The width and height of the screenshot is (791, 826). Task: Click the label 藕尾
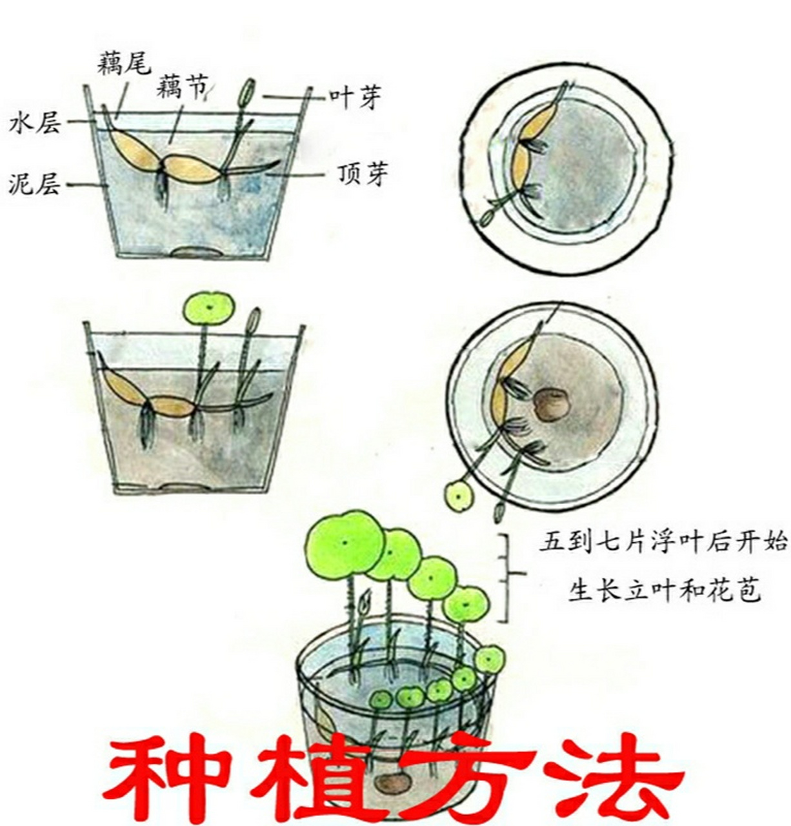124,63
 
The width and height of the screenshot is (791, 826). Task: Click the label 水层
35,123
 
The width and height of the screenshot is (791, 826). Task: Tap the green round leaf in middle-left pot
208,307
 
